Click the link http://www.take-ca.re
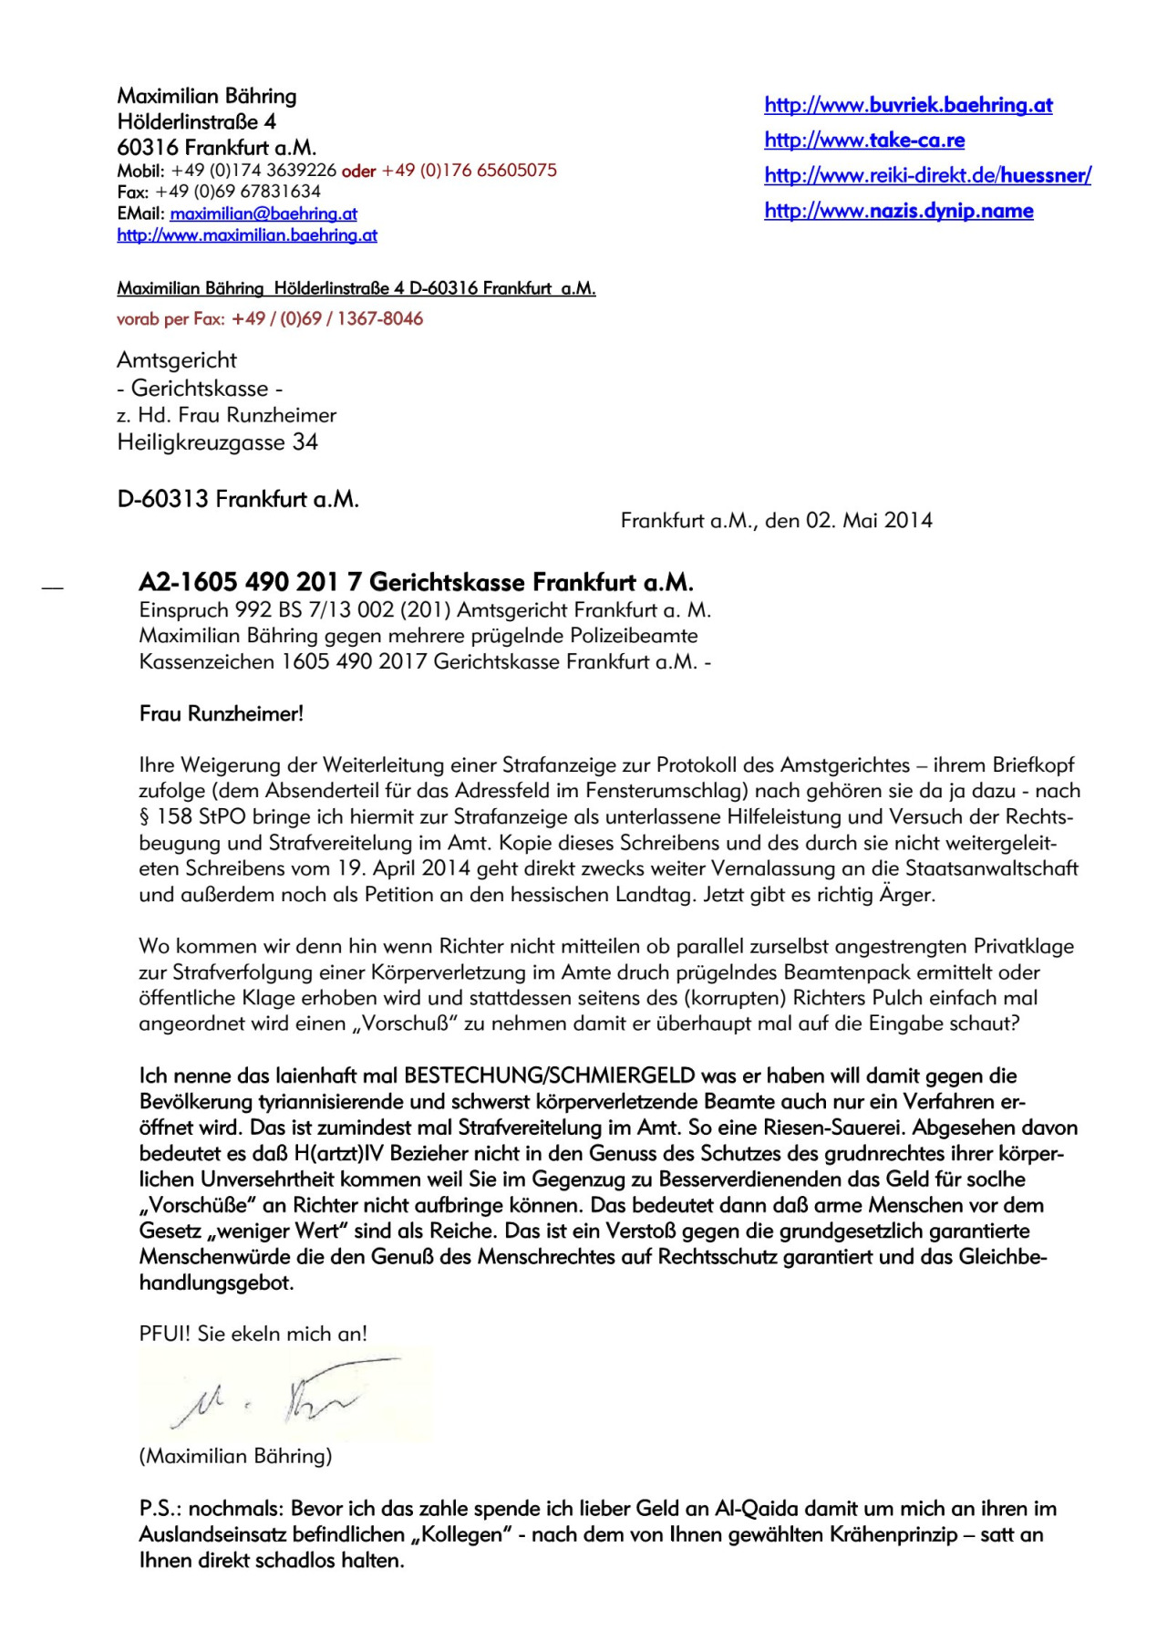864,140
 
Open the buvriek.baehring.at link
908,105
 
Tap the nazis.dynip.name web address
899,212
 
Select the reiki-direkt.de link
927,176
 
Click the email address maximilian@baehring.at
263,214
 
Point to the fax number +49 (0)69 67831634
238,192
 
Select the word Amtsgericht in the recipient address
177,360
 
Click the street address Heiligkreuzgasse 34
217,443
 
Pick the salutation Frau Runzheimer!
222,714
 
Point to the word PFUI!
165,1335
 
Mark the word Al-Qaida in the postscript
753,1509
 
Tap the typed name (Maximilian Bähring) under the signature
235,1456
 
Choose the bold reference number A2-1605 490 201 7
251,583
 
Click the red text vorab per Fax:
170,319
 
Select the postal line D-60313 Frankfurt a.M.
238,500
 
